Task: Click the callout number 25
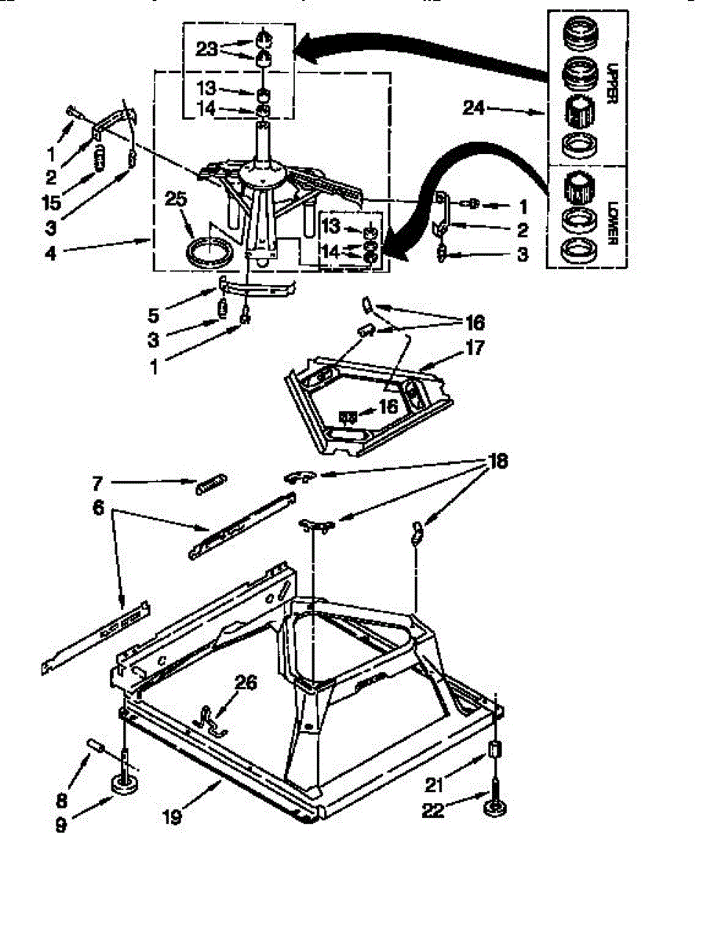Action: pyautogui.click(x=176, y=199)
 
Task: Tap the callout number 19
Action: pyautogui.click(x=172, y=817)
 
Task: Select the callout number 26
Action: pyautogui.click(x=246, y=683)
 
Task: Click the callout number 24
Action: pyautogui.click(x=473, y=108)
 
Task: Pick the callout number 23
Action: pyautogui.click(x=206, y=49)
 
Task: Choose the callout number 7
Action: pyautogui.click(x=98, y=484)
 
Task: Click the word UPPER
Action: pyautogui.click(x=611, y=84)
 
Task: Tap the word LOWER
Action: pyautogui.click(x=612, y=222)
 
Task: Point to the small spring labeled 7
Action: pyautogui.click(x=211, y=484)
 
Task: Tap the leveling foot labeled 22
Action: pyautogui.click(x=495, y=804)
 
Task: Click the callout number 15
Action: pyautogui.click(x=52, y=203)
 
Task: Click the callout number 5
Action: pyautogui.click(x=153, y=315)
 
